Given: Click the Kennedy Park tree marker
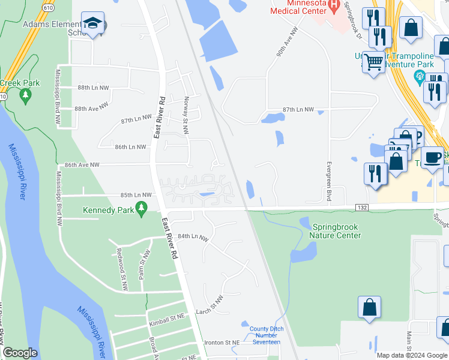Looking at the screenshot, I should pos(142,209).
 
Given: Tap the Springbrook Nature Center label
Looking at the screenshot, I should pos(337,231).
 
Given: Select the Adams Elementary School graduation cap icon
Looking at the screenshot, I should pos(93,24).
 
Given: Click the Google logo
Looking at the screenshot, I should pos(20,353).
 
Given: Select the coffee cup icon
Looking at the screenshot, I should pos(432,158).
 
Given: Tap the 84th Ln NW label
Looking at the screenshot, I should pos(193,238).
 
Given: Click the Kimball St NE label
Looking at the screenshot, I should pos(165,322).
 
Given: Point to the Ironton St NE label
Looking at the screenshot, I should pos(222,342).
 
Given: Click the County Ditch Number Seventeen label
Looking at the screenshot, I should pos(265,335).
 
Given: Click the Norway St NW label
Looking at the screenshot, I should pos(186,107).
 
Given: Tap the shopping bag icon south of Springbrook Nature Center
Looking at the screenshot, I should pos(370,307).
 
